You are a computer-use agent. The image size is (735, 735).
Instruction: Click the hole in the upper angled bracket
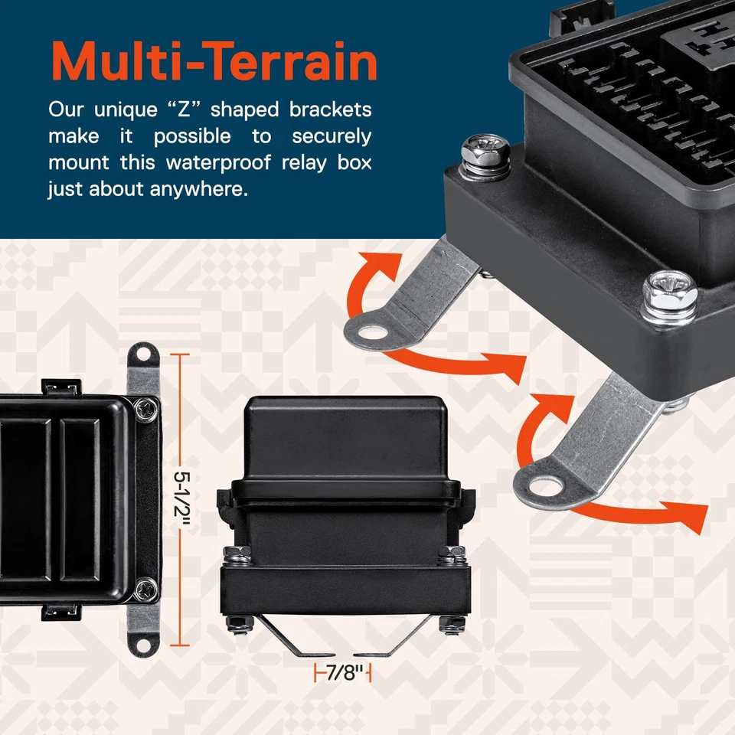click(x=372, y=332)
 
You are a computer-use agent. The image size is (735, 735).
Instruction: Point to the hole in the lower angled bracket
click(x=544, y=484)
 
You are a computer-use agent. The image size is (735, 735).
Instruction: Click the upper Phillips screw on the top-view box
click(x=144, y=410)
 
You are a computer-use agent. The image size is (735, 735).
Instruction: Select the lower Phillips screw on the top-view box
click(x=144, y=589)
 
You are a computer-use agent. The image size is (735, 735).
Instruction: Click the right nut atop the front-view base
click(x=455, y=552)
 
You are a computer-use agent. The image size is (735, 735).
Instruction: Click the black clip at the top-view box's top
click(x=60, y=387)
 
